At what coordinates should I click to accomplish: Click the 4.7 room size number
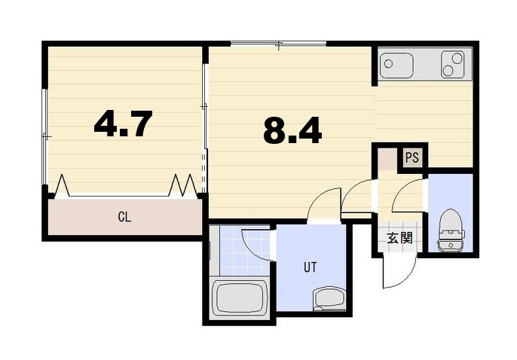(124, 124)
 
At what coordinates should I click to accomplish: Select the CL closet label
(124, 218)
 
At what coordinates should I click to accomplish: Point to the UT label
(311, 266)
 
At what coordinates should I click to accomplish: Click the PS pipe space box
(411, 157)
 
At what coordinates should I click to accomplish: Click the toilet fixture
(451, 230)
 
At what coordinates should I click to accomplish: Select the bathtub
(241, 297)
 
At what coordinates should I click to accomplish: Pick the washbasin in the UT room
(328, 298)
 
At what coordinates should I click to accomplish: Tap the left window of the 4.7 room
(45, 136)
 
